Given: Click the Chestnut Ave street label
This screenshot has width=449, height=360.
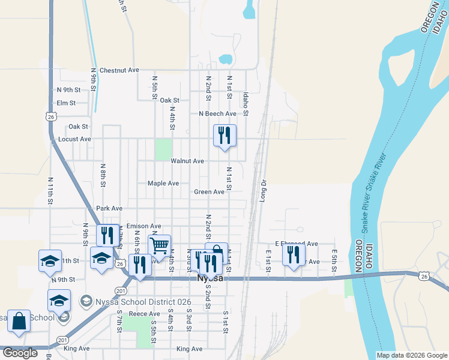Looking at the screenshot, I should pyautogui.click(x=119, y=70).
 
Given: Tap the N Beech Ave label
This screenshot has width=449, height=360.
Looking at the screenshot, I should pyautogui.click(x=217, y=113).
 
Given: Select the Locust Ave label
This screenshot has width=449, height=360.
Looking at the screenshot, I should pyautogui.click(x=74, y=139).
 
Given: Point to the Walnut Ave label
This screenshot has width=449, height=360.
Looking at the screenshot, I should pyautogui.click(x=187, y=161).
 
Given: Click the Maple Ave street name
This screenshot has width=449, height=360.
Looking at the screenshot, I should pyautogui.click(x=163, y=183).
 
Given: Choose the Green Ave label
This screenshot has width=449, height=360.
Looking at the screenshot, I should pyautogui.click(x=209, y=192).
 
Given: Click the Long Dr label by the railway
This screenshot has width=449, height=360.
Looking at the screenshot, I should pyautogui.click(x=263, y=190).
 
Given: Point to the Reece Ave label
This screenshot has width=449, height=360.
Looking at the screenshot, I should pyautogui.click(x=145, y=314).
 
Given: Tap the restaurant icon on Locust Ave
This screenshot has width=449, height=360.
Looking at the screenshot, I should pyautogui.click(x=224, y=136).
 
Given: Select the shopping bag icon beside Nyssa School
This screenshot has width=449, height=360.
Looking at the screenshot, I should pyautogui.click(x=19, y=320).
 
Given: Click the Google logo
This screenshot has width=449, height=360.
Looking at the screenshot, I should pyautogui.click(x=20, y=353).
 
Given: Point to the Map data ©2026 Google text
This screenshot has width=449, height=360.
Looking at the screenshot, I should pyautogui.click(x=411, y=355).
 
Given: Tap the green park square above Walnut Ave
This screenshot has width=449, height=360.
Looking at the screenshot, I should pyautogui.click(x=163, y=149).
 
